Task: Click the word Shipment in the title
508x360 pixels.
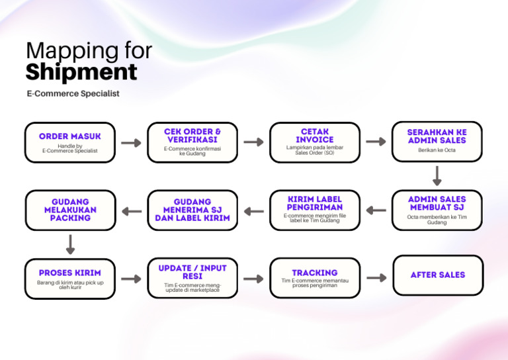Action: click(81, 71)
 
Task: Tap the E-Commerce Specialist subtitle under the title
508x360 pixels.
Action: click(73, 94)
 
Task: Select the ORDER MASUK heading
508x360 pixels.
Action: click(70, 136)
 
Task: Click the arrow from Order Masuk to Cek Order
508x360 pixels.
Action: click(132, 143)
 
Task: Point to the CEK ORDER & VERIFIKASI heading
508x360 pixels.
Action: click(192, 136)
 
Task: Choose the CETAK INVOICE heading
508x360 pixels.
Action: click(315, 136)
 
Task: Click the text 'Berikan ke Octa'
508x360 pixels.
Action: click(437, 150)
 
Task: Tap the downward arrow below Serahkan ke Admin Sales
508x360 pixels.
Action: click(437, 175)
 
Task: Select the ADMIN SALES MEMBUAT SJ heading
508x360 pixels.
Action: click(437, 203)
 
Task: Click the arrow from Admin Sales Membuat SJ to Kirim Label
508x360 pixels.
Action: click(376, 210)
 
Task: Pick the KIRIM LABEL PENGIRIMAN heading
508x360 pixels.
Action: click(315, 203)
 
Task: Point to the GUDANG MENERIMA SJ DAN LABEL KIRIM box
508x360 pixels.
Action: click(192, 210)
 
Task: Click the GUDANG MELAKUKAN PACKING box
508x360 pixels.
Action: click(70, 210)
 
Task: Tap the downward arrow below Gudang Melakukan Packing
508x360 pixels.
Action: click(70, 244)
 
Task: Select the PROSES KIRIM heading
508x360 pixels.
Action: click(70, 273)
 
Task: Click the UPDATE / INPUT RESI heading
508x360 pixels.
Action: click(192, 273)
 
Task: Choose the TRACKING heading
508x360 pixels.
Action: click(315, 273)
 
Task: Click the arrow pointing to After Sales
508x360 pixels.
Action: click(376, 278)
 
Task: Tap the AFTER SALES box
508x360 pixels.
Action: click(437, 275)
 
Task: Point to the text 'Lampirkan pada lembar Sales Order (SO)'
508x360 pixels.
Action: click(315, 150)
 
